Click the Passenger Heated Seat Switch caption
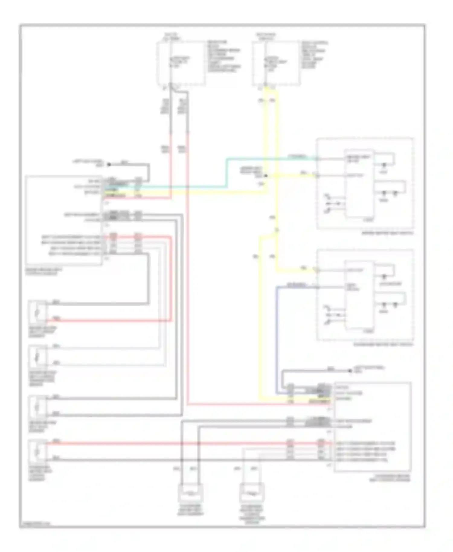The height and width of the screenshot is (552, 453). click(383, 345)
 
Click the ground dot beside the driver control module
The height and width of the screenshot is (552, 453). click(109, 165)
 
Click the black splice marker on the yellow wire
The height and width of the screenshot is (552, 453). click(266, 175)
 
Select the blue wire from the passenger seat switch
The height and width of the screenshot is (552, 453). click(277, 332)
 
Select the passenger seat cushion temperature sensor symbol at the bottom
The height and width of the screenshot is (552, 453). click(252, 493)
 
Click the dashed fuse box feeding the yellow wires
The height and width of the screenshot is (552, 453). click(276, 63)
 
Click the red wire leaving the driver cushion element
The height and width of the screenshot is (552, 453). click(109, 320)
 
